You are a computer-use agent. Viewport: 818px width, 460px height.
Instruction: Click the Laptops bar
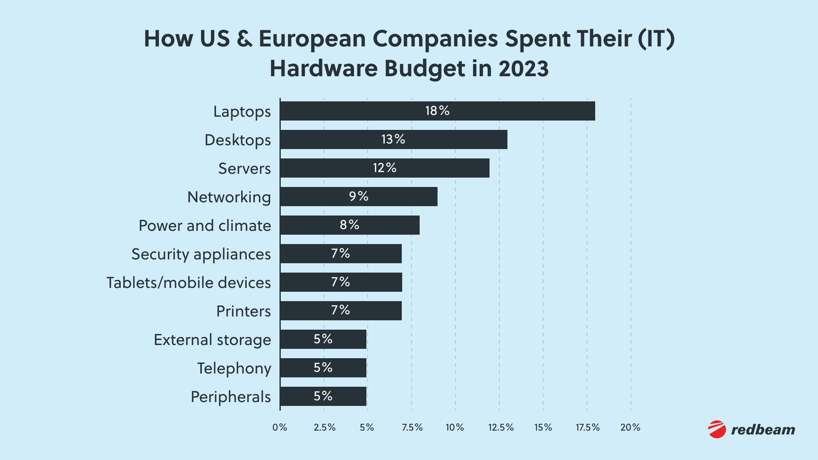click(x=438, y=111)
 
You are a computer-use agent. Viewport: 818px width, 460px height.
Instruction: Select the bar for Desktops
click(x=394, y=139)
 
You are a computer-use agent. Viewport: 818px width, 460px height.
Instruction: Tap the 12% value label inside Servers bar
click(x=385, y=168)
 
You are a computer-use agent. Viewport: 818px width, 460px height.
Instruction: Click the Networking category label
click(x=229, y=197)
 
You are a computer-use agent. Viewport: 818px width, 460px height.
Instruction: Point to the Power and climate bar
click(x=350, y=225)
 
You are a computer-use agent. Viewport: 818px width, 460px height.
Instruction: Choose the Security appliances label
click(x=201, y=254)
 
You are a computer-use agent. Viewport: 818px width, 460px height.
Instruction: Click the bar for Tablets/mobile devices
click(x=341, y=282)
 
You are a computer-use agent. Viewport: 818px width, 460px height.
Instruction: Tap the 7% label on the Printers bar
click(x=340, y=310)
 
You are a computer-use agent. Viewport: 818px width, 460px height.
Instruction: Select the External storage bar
click(x=323, y=339)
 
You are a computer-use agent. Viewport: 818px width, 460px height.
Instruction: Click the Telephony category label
click(x=234, y=368)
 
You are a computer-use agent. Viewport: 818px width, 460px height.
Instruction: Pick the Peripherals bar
click(x=323, y=396)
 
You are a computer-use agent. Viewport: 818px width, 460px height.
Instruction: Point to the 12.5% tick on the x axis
click(x=501, y=428)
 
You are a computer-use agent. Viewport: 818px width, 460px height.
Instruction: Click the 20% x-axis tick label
click(x=631, y=428)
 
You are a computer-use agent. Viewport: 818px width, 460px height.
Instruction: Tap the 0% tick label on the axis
click(x=280, y=428)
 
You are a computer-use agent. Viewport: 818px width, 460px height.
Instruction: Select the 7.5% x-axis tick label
click(x=412, y=428)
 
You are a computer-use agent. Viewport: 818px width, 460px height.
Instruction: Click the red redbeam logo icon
click(x=717, y=429)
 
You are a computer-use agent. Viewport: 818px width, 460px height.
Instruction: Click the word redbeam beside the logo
click(x=763, y=430)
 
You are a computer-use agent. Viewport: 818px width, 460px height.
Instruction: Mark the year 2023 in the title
click(x=524, y=69)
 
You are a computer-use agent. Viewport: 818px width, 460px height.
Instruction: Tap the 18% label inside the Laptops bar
click(x=438, y=111)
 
